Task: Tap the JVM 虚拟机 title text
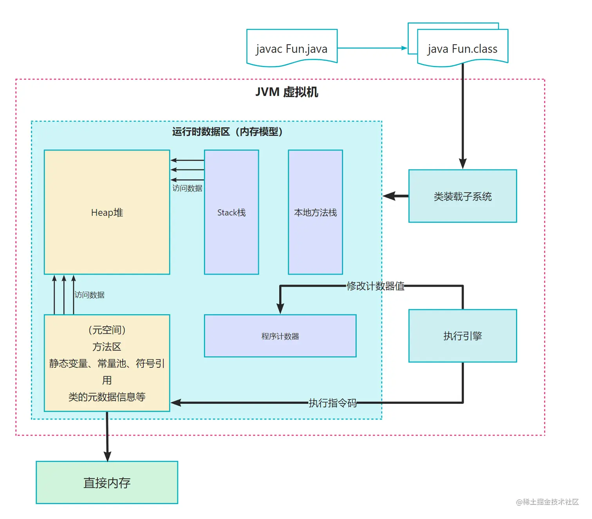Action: pyautogui.click(x=287, y=92)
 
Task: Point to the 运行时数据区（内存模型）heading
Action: pyautogui.click(x=227, y=132)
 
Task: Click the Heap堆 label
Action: pyautogui.click(x=107, y=213)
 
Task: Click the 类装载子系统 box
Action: pyautogui.click(x=462, y=196)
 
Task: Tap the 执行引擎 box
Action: pyautogui.click(x=462, y=336)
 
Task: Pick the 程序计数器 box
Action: pyautogui.click(x=280, y=336)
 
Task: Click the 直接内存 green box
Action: pyautogui.click(x=107, y=483)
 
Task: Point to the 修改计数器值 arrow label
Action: pyautogui.click(x=375, y=286)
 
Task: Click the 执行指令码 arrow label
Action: pyautogui.click(x=332, y=403)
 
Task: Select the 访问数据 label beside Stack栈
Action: pyautogui.click(x=187, y=188)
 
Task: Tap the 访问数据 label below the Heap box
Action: pyautogui.click(x=90, y=295)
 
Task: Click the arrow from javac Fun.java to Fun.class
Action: pyautogui.click(x=372, y=48)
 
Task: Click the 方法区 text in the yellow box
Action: pyautogui.click(x=107, y=347)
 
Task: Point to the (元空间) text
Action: pyautogui.click(x=107, y=330)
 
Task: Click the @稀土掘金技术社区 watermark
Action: pyautogui.click(x=547, y=502)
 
